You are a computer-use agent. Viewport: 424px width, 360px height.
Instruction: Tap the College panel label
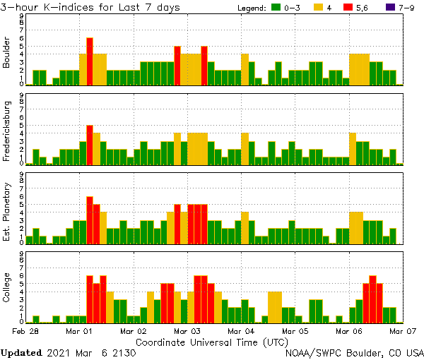(7, 287)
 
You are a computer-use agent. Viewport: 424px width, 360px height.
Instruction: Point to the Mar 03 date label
(187, 330)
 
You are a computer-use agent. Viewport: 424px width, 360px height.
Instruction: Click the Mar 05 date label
(295, 330)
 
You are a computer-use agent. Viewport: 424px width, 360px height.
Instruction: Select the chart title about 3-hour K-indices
(90, 7)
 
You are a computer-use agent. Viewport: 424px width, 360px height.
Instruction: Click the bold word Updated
(23, 352)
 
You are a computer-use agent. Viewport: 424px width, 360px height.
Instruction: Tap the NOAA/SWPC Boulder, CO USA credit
(354, 352)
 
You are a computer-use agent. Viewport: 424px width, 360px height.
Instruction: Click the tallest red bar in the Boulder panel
(90, 61)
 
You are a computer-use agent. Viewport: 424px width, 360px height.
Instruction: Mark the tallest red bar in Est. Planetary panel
(90, 220)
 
